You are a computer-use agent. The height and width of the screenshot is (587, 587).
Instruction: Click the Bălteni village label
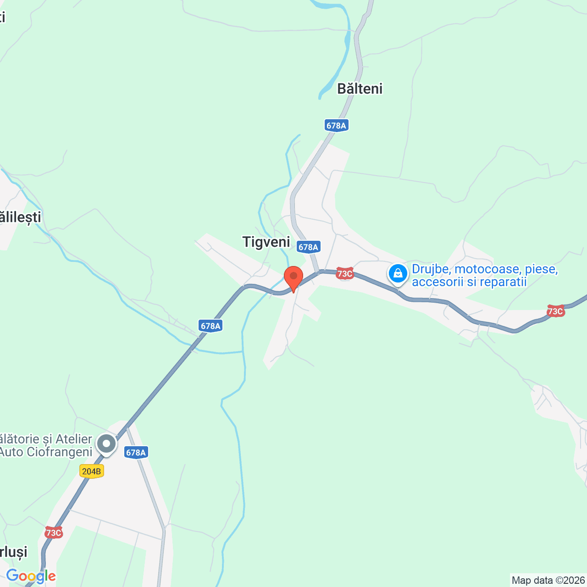tap(360, 89)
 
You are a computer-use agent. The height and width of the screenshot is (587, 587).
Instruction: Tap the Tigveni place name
tap(266, 242)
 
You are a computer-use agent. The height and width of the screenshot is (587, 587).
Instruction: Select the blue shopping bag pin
tap(398, 274)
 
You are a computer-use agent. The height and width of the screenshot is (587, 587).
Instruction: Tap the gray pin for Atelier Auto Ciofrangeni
tap(106, 444)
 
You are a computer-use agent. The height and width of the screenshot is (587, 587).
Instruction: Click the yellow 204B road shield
tap(92, 471)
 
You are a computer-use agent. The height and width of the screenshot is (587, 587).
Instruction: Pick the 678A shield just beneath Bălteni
tap(336, 125)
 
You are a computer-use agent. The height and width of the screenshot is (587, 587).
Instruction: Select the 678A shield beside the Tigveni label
tap(308, 247)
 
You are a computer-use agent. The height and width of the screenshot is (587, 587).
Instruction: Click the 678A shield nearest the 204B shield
tap(136, 453)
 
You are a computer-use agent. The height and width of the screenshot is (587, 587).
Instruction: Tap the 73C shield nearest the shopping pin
tap(344, 274)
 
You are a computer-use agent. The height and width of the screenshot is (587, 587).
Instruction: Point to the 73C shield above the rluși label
tap(54, 532)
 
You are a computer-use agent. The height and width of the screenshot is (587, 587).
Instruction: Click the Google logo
tap(31, 576)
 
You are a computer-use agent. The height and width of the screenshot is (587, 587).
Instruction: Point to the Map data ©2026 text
tap(548, 581)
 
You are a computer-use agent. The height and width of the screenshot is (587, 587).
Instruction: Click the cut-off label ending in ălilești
tap(21, 217)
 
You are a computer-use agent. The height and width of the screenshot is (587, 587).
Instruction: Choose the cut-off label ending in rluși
tap(14, 552)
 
